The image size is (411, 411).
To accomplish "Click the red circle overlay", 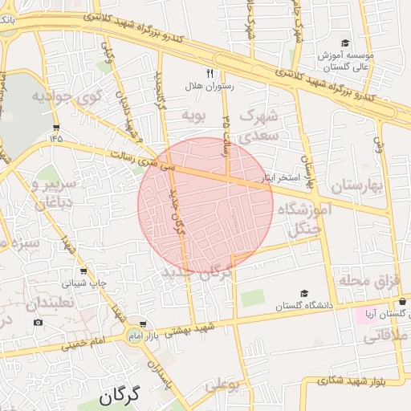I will (205, 205).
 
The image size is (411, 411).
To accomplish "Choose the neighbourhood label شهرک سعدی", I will (258, 124).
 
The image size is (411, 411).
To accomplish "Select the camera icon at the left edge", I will (38, 323).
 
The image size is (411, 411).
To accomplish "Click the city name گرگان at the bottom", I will (120, 395).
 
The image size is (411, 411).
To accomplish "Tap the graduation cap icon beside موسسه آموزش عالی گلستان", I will (345, 43).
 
